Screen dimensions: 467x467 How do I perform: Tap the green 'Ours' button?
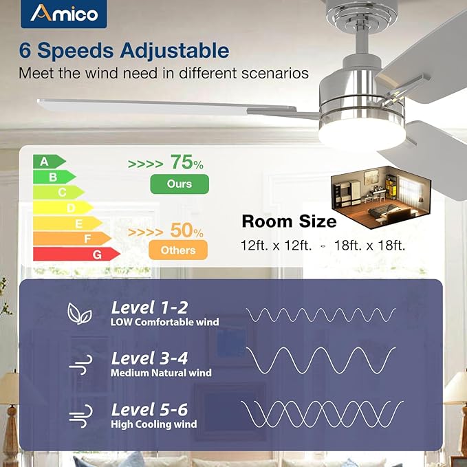180,184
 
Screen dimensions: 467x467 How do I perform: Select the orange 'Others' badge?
178,250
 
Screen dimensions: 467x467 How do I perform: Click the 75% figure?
186,163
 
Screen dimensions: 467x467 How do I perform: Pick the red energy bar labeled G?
76,254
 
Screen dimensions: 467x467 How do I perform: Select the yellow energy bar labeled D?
63,208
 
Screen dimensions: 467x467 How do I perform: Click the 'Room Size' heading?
289,221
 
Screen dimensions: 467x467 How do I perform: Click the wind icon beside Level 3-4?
76,365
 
